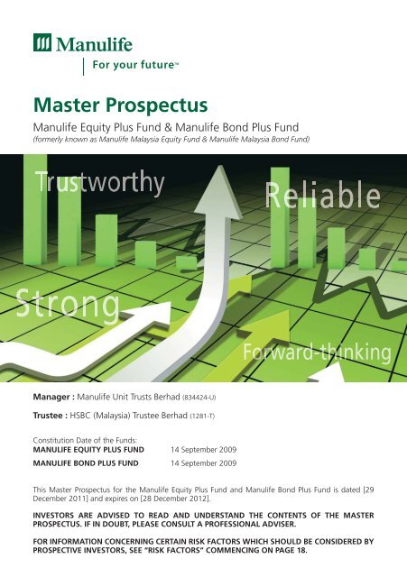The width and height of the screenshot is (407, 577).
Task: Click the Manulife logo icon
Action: tap(42, 44)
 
